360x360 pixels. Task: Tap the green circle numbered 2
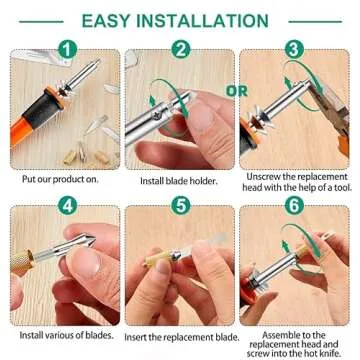point(180,48)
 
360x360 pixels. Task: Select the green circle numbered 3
point(294,48)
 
